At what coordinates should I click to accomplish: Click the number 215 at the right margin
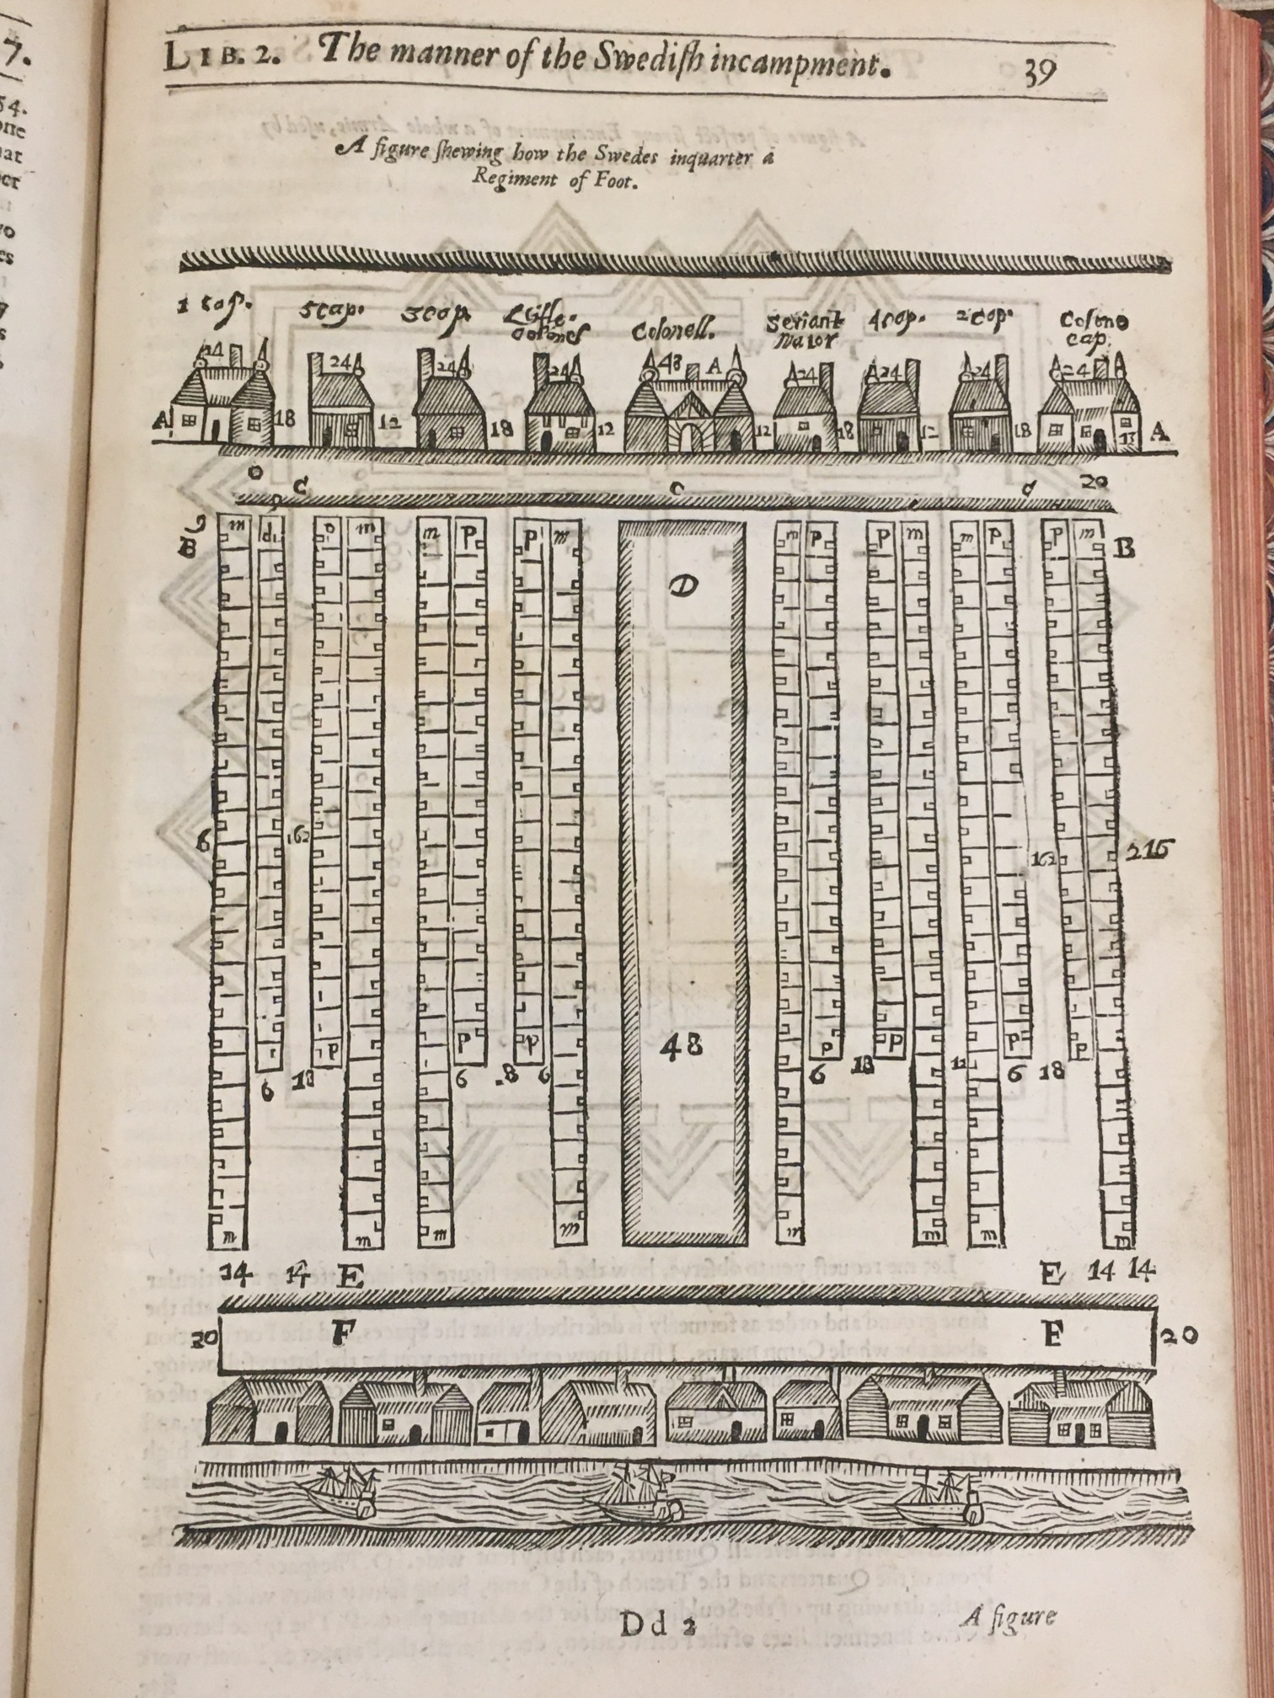tap(1148, 851)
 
